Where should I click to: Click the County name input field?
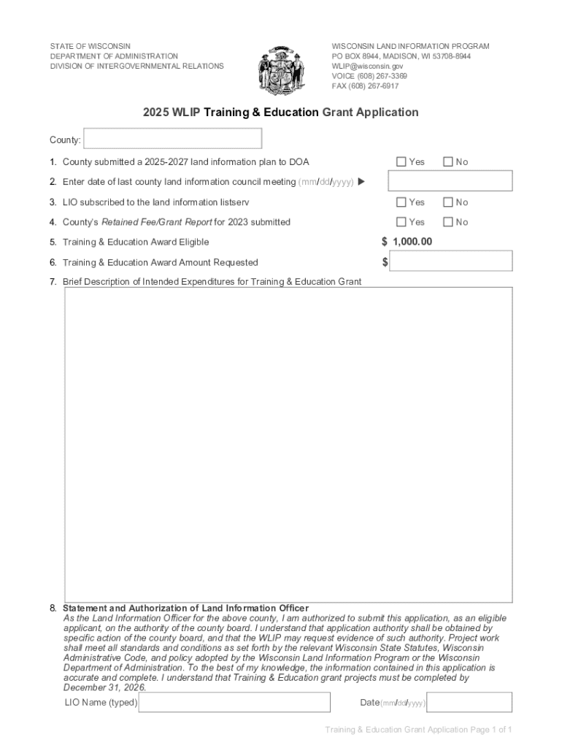[173, 139]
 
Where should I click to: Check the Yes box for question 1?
[401, 161]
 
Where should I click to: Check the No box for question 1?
[448, 161]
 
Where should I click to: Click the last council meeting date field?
[450, 181]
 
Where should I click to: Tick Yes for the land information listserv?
[401, 202]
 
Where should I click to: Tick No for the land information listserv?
[448, 202]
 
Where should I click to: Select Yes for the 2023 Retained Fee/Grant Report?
[401, 222]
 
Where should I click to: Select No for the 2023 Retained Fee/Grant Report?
[448, 222]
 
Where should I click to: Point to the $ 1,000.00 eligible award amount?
[407, 242]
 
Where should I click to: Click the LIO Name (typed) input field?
[234, 703]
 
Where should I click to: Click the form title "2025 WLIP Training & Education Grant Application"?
[280, 112]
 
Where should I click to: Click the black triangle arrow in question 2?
[361, 182]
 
